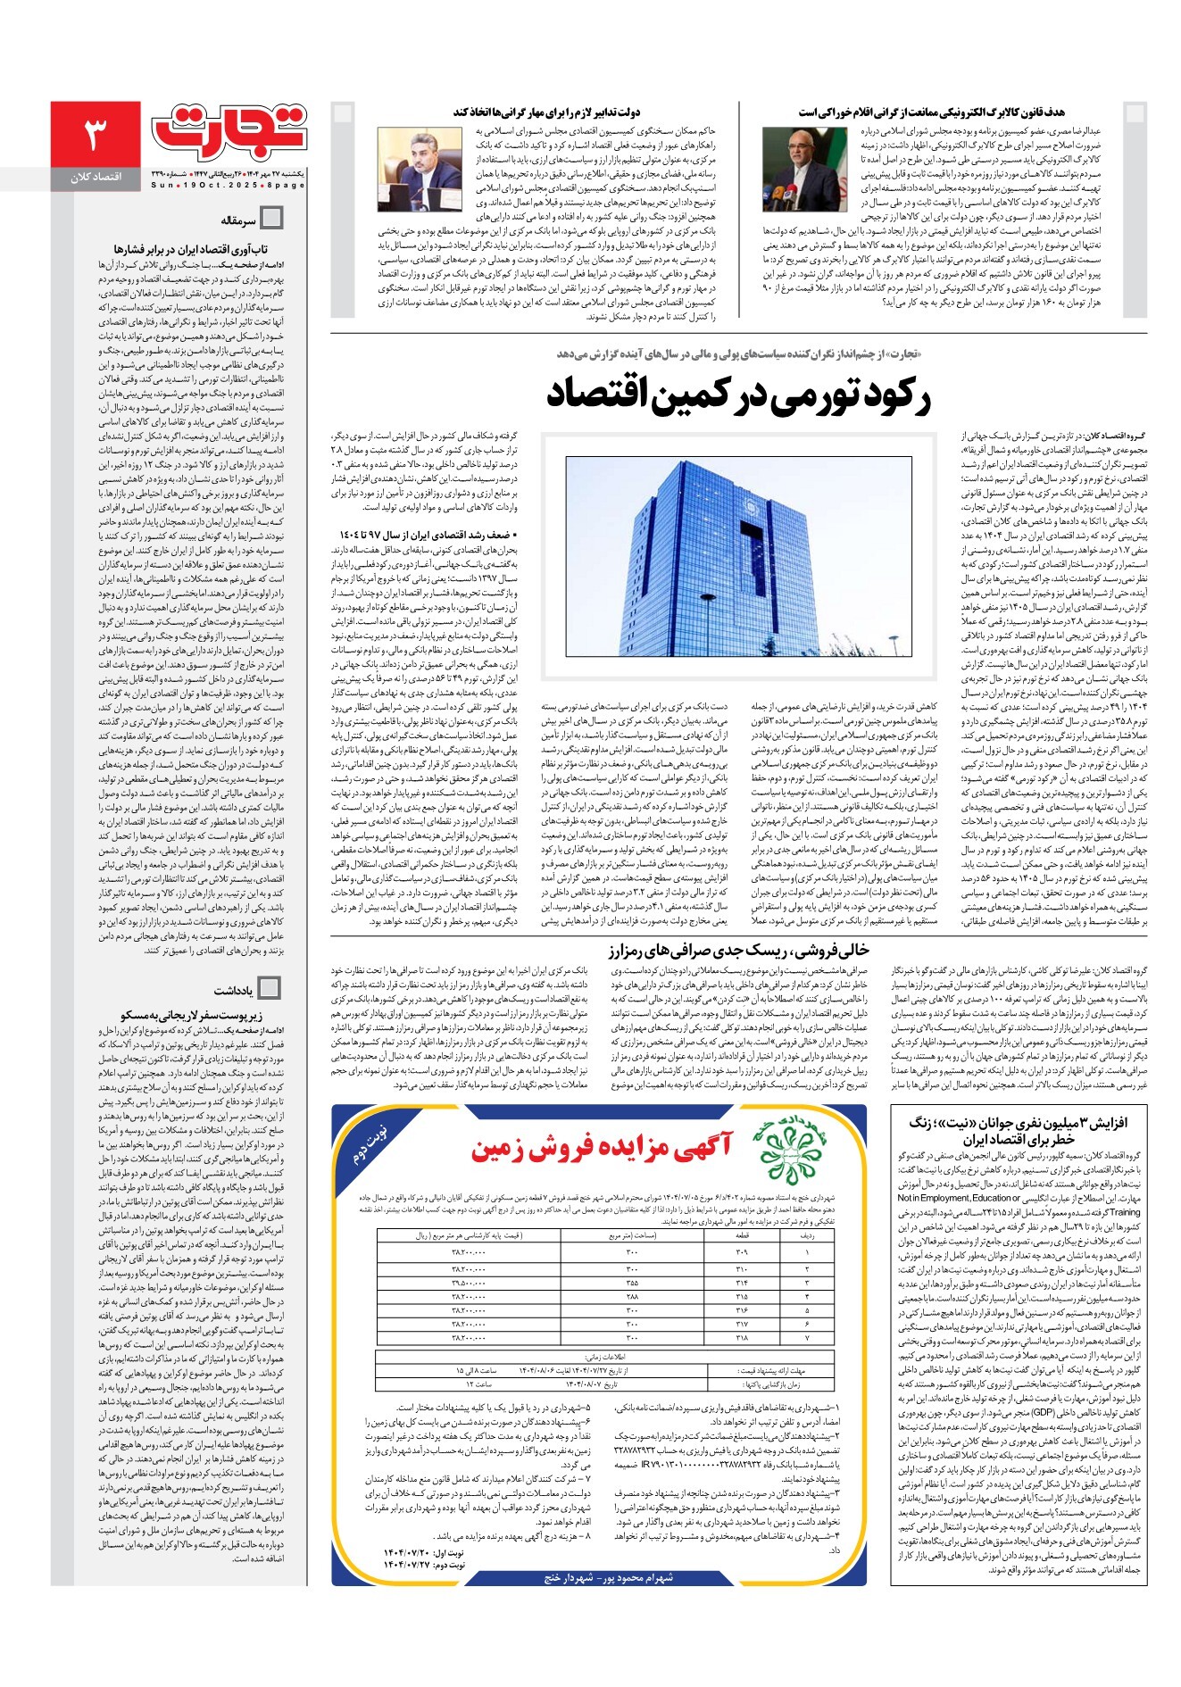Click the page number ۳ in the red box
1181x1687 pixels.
click(96, 134)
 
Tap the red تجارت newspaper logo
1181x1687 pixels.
click(229, 130)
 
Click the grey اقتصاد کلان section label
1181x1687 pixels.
click(96, 178)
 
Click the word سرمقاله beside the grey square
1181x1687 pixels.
click(238, 220)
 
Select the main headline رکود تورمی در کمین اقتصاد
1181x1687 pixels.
click(738, 396)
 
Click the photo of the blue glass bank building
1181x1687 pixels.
click(738, 557)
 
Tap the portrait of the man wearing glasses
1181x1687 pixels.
click(791, 169)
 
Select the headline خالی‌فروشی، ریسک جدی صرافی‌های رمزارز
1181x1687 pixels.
click(738, 950)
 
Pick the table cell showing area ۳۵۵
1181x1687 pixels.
click(632, 1283)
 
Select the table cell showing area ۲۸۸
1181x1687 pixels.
click(632, 1296)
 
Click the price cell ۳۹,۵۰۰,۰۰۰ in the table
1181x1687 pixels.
click(469, 1283)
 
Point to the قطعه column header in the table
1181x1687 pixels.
click(742, 1237)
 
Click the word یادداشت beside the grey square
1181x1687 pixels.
click(233, 991)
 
